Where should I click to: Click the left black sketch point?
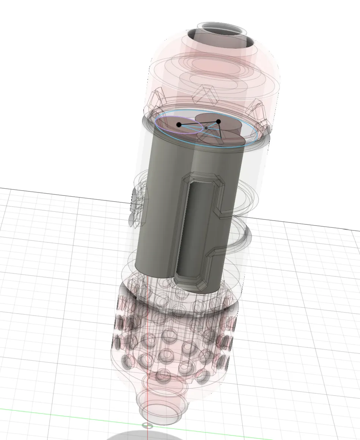point(179,125)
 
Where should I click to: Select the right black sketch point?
point(219,121)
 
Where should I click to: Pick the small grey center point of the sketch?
point(206,128)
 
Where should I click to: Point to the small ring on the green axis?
point(147,426)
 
